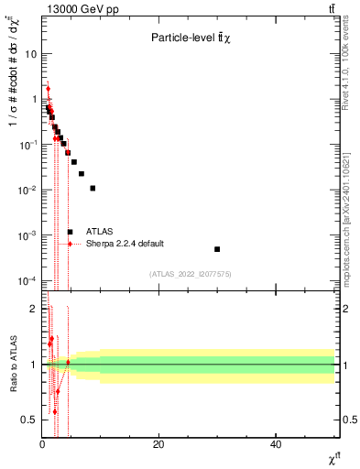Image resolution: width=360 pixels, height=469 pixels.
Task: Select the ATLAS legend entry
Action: tap(99, 232)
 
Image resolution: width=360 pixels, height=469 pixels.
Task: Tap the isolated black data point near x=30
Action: tap(217, 249)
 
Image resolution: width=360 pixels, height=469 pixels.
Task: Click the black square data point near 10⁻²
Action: tap(93, 188)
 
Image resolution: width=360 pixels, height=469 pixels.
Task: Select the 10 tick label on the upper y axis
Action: tap(30, 53)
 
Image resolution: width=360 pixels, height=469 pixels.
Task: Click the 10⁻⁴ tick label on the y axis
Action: tap(27, 280)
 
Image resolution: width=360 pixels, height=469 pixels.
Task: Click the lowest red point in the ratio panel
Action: tap(55, 411)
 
